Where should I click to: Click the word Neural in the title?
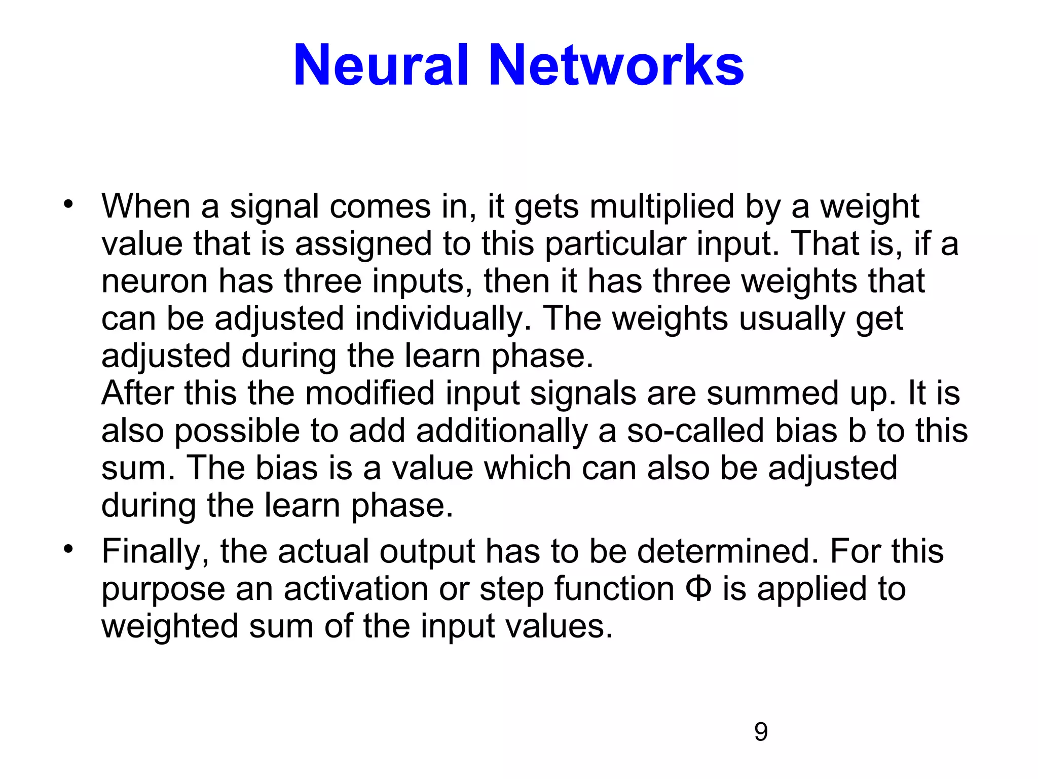click(x=381, y=66)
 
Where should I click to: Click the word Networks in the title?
click(x=616, y=66)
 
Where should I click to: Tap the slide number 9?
click(x=761, y=732)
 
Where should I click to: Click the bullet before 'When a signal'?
click(x=68, y=204)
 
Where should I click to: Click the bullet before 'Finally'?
click(x=68, y=549)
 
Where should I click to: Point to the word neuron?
click(x=155, y=282)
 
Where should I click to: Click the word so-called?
click(x=695, y=431)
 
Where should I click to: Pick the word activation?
click(x=355, y=589)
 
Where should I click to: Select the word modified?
click(x=369, y=394)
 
